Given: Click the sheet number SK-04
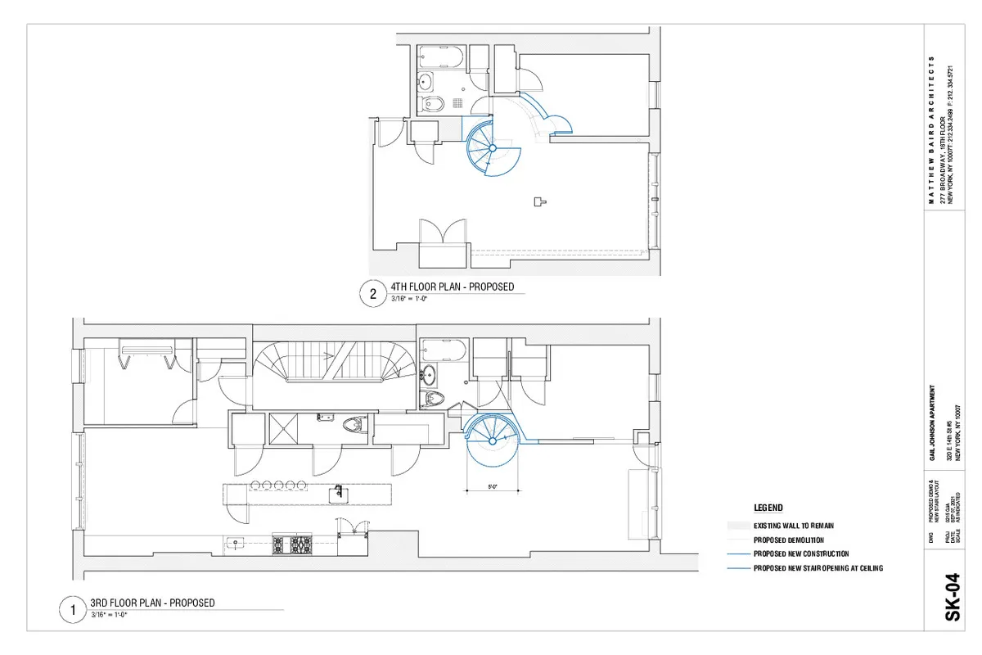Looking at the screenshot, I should point(953,603).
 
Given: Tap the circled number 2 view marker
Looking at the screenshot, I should point(373,294).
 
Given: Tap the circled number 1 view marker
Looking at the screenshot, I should point(73,610).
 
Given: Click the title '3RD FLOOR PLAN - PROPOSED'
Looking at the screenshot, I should point(152,603).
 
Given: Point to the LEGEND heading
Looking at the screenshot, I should point(768,508).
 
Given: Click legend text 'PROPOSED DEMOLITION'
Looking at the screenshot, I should point(789,540).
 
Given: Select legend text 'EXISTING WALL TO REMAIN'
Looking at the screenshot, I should point(794,526).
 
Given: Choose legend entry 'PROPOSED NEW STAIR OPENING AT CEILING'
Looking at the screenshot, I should point(818,567).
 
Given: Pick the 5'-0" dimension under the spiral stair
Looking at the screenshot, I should point(493,488).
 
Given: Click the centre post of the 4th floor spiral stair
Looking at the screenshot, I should point(493,148).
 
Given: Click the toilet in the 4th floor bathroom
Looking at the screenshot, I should point(434,103).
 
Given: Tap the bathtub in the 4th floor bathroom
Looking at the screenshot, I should point(442,58).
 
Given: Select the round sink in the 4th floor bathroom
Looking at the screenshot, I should point(426,81).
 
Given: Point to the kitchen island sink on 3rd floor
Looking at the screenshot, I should point(336,493).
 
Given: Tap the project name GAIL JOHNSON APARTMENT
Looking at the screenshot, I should point(932,426).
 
